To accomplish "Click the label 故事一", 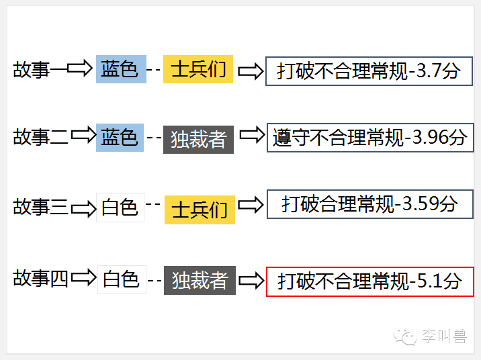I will click(40, 70).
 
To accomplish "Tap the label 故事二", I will click(40, 138).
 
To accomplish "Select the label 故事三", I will click(40, 208).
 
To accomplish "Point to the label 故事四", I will click(40, 278).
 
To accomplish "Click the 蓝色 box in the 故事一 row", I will click(121, 69).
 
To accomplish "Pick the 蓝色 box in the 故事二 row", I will click(120, 138).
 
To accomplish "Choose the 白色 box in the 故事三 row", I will click(120, 208).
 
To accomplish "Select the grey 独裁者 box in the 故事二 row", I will click(198, 139).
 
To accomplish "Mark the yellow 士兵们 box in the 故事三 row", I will click(200, 210).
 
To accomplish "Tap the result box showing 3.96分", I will click(369, 138).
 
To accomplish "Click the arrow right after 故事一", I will click(81, 69).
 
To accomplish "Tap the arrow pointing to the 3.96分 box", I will click(252, 136).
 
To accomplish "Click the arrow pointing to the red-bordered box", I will click(251, 280).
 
